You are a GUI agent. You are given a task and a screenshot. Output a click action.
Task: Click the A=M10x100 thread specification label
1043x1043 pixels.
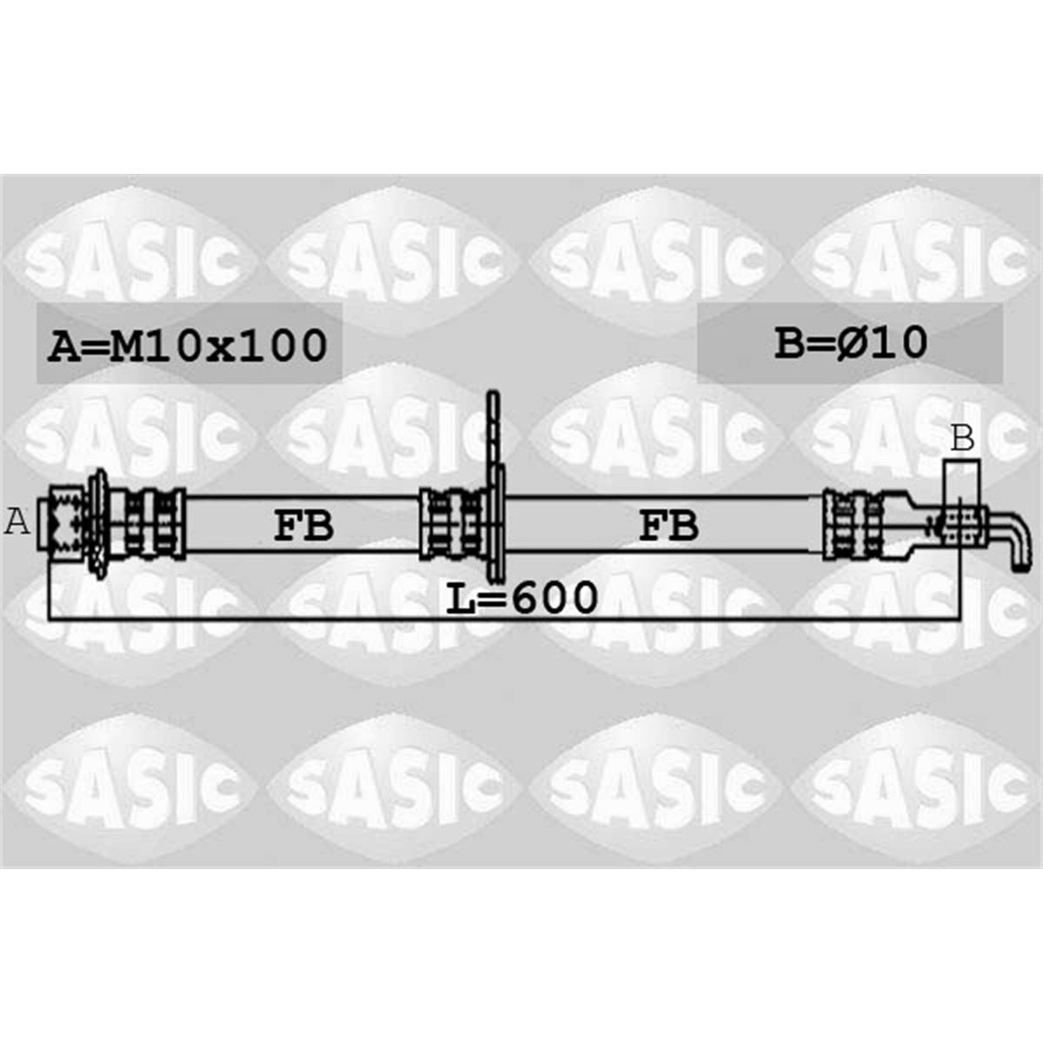pyautogui.click(x=187, y=345)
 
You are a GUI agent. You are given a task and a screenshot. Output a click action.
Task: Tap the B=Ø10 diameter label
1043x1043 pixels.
pyautogui.click(x=851, y=342)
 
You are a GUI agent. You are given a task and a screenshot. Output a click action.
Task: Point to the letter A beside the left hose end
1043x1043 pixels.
pyautogui.click(x=17, y=522)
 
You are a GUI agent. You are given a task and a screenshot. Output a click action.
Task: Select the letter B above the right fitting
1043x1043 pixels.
pyautogui.click(x=961, y=439)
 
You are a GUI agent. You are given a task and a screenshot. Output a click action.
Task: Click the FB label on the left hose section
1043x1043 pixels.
pyautogui.click(x=303, y=526)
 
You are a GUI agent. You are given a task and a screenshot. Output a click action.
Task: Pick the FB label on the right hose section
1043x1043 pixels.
pyautogui.click(x=668, y=526)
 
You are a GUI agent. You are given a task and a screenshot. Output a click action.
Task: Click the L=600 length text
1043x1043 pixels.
pyautogui.click(x=521, y=597)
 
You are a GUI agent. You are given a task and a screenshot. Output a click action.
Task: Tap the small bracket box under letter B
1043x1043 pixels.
pyautogui.click(x=961, y=476)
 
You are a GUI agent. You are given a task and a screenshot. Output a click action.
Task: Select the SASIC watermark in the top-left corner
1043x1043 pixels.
pyautogui.click(x=130, y=257)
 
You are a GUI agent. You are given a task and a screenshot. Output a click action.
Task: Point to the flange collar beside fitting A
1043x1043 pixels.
pyautogui.click(x=98, y=522)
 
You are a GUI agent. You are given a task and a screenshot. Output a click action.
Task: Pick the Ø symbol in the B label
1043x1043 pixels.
pyautogui.click(x=855, y=342)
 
